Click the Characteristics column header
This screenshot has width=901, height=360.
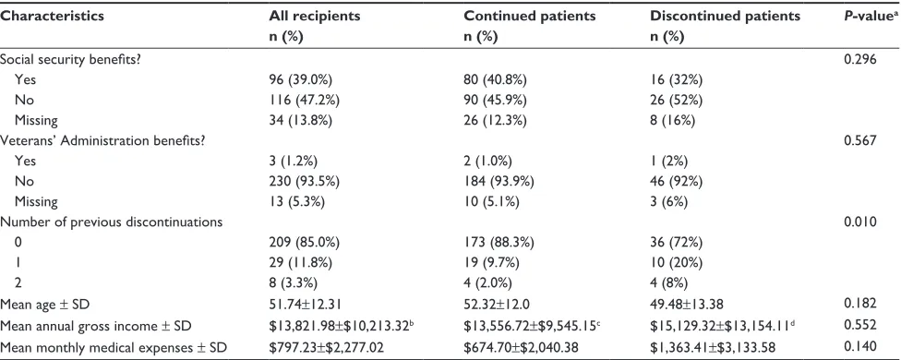52,16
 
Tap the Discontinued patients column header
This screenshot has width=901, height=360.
726,16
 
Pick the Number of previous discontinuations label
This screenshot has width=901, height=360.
112,222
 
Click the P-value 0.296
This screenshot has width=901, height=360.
859,58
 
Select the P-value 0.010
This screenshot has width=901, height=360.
859,222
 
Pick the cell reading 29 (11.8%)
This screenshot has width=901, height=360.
302,262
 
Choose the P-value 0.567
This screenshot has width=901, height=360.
859,140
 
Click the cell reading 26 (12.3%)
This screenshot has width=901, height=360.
497,120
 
